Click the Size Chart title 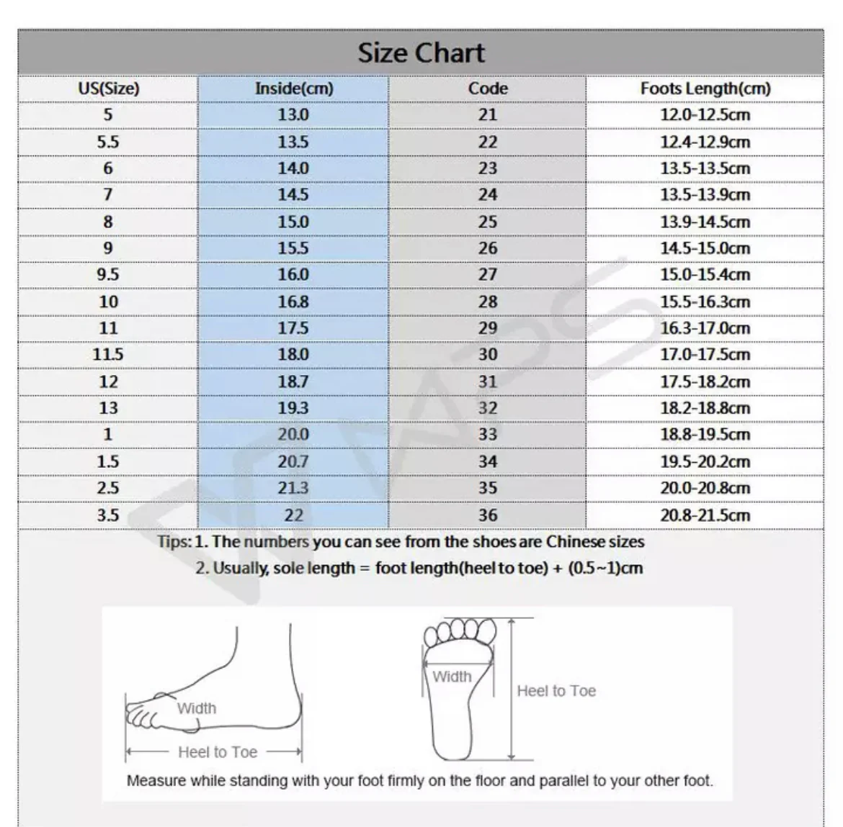[421, 53]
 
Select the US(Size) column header [108, 89]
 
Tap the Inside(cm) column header [294, 89]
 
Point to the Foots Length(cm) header [705, 89]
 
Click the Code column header [488, 89]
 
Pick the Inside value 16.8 [293, 302]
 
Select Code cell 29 [488, 328]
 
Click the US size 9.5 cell [108, 275]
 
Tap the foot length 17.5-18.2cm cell [705, 381]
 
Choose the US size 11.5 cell [108, 355]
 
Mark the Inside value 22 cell [293, 515]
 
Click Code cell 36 [488, 515]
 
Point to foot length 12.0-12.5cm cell [705, 115]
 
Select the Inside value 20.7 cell [293, 461]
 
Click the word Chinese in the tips [575, 542]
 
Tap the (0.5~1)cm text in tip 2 [605, 568]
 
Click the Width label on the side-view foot [196, 708]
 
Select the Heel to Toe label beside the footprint [556, 691]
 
